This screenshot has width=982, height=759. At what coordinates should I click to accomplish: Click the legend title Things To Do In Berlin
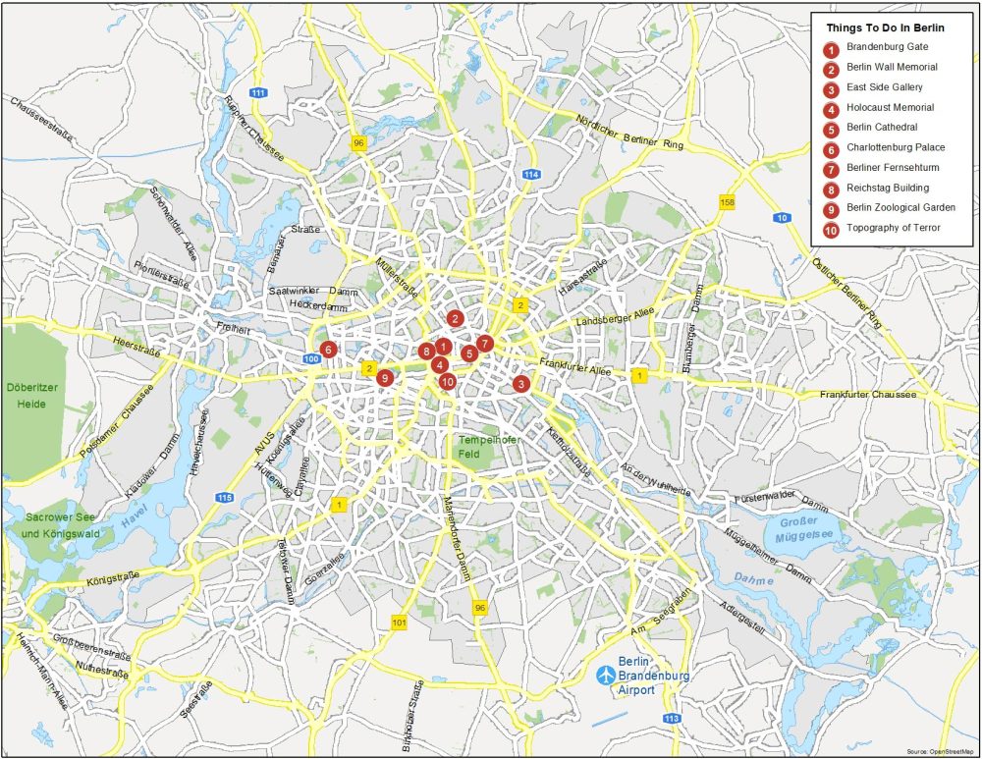point(885,27)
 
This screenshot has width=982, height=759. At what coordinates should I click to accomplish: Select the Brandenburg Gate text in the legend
point(887,47)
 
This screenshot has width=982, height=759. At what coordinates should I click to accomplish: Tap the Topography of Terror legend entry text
point(893,229)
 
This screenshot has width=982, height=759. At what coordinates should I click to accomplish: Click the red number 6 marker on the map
point(328,349)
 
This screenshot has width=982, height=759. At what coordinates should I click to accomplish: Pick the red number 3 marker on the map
point(520,384)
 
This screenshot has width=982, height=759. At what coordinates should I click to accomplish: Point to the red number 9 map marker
point(385,378)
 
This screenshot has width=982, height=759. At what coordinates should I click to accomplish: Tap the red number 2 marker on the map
point(455,318)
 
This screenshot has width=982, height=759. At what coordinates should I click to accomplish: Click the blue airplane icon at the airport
point(607,676)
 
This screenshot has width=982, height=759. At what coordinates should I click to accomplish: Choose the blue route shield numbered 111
point(258,92)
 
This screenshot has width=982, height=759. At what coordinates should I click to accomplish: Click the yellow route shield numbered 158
point(727,202)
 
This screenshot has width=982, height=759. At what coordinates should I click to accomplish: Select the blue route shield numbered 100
point(312,359)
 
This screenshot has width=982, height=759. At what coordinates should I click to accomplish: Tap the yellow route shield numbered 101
point(399,623)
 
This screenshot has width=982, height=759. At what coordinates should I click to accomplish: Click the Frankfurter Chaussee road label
point(868,395)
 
